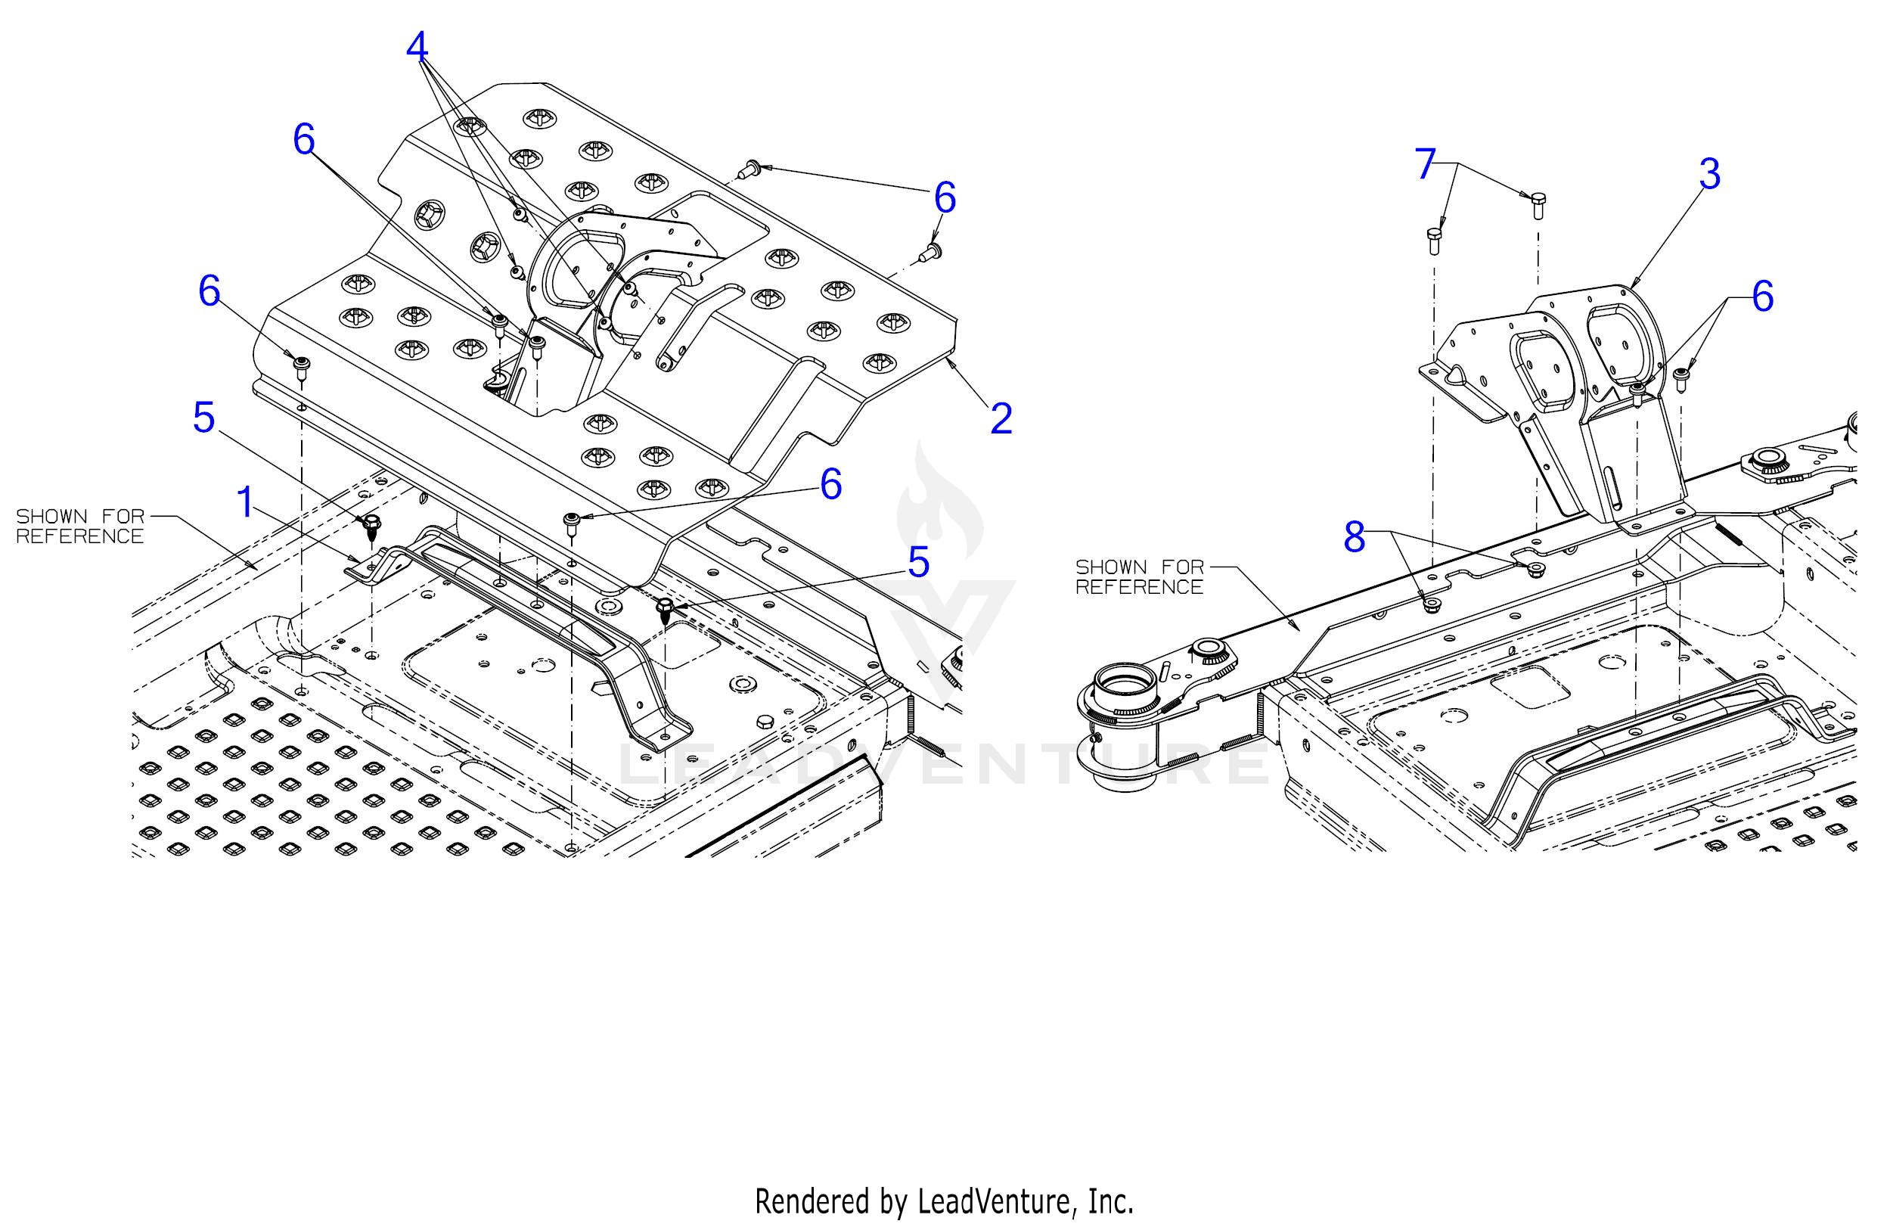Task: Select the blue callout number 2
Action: tap(1001, 418)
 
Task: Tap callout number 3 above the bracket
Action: tap(1709, 174)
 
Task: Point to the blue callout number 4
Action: tap(417, 47)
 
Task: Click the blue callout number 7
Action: tap(1426, 164)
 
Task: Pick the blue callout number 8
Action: tap(1354, 538)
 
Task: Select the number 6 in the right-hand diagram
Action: tap(1762, 297)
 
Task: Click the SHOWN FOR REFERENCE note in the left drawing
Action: tap(80, 526)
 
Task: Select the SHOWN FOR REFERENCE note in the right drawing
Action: tap(1140, 576)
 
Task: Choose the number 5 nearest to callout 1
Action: tap(204, 417)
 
